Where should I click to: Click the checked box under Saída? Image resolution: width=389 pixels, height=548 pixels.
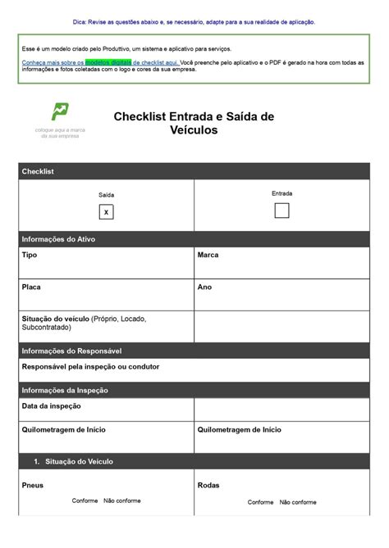(x=106, y=212)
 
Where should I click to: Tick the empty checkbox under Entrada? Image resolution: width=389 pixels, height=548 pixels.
(x=281, y=211)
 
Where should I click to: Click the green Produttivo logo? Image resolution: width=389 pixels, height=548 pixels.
(x=60, y=112)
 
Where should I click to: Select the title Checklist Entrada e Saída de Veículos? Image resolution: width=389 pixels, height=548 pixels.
(x=194, y=123)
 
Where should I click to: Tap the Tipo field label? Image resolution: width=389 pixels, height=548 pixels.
(x=30, y=255)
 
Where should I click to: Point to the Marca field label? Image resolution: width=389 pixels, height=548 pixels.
(x=208, y=255)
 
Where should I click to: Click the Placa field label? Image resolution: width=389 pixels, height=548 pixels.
(x=31, y=288)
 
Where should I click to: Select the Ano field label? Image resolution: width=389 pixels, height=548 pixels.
(x=204, y=288)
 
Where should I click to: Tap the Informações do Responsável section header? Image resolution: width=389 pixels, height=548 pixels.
(x=71, y=351)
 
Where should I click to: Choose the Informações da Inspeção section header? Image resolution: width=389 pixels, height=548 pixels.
(x=65, y=390)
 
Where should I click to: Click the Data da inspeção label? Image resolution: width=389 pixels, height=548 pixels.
(x=51, y=405)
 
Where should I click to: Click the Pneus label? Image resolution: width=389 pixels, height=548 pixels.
(x=32, y=485)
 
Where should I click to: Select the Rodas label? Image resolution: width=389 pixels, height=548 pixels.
(x=208, y=485)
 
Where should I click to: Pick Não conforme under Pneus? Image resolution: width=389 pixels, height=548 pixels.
(x=122, y=500)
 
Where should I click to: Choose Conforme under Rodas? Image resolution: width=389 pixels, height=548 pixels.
(x=261, y=502)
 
